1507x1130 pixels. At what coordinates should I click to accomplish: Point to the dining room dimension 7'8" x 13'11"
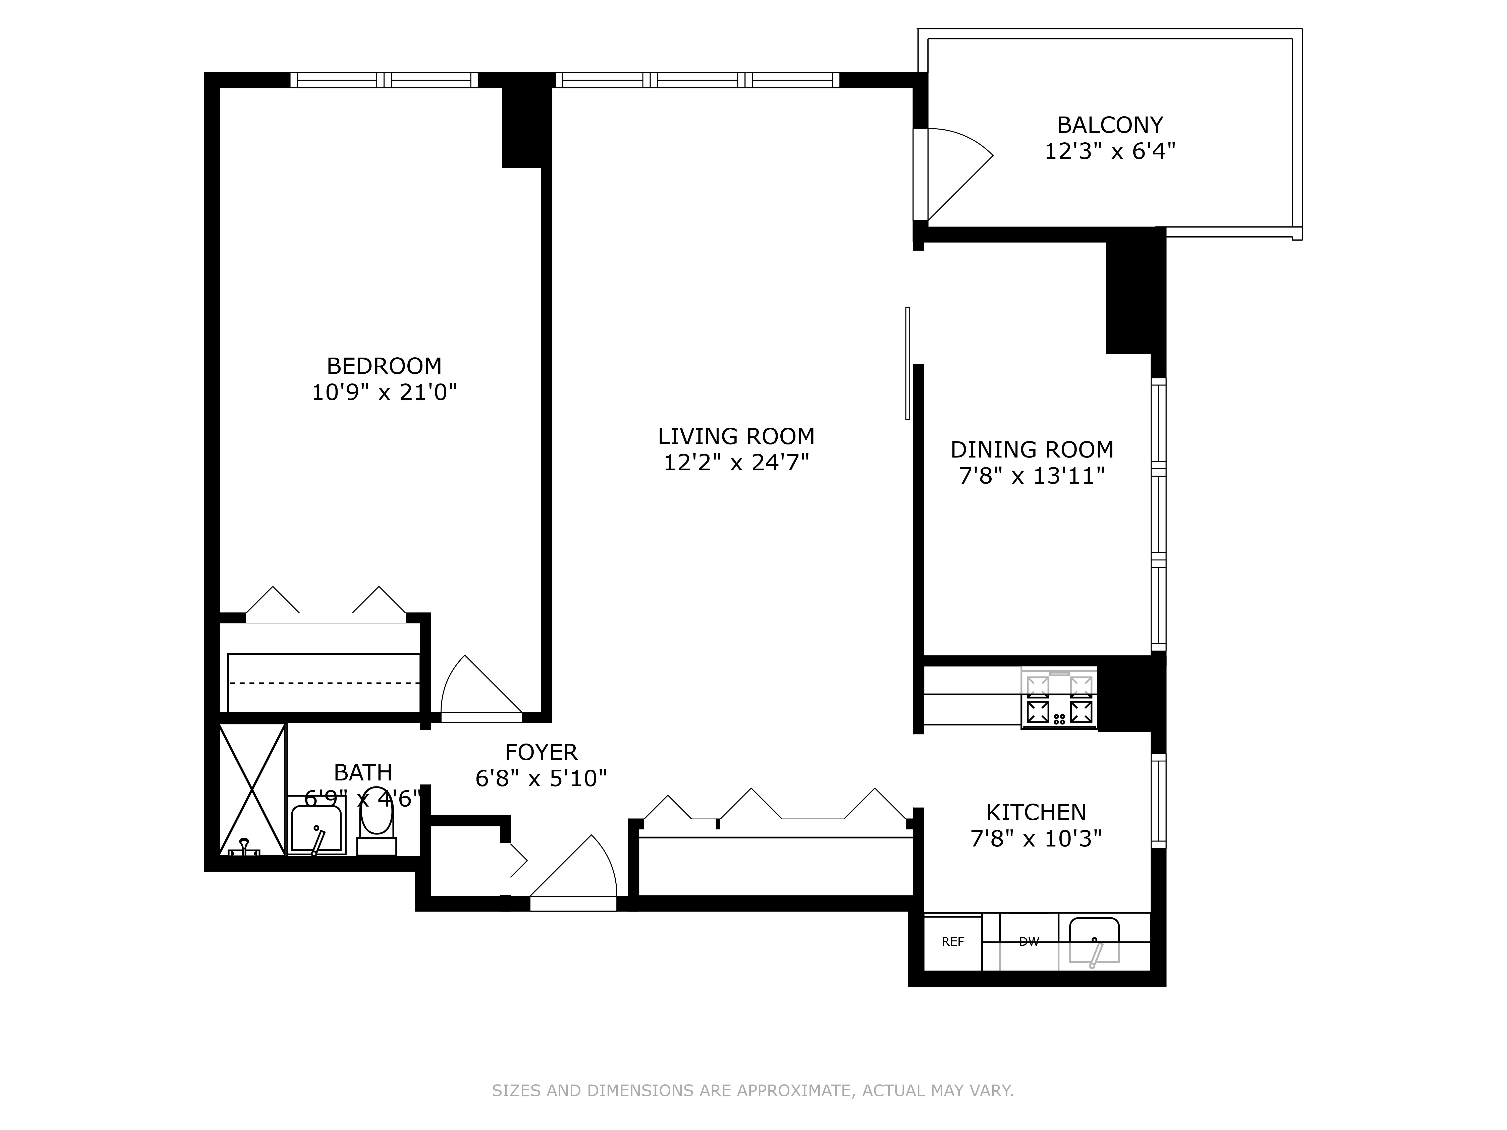tap(1032, 476)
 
